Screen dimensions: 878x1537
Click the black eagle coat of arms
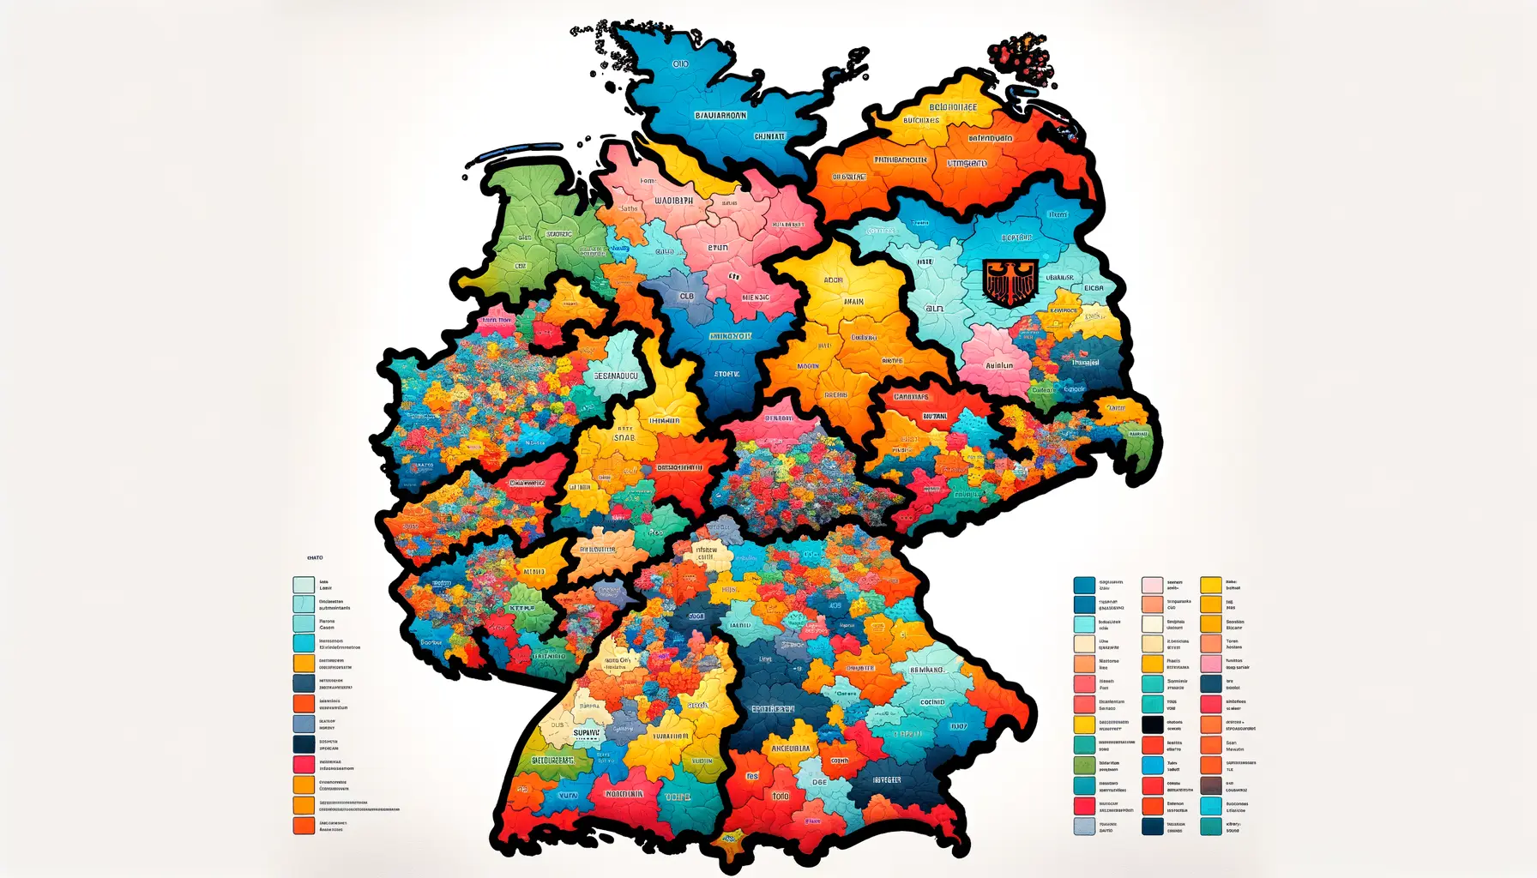(1010, 283)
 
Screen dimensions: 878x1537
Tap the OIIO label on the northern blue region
(680, 63)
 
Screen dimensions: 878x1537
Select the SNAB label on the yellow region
(624, 437)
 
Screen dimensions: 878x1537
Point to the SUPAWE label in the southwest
(587, 733)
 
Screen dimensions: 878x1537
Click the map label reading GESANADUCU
(616, 376)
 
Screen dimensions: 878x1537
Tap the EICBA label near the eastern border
(1094, 288)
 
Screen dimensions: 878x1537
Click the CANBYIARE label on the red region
(911, 397)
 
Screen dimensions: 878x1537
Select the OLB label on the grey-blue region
(687, 297)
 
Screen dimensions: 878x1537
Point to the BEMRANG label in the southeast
(926, 670)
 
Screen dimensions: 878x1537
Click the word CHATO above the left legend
(315, 558)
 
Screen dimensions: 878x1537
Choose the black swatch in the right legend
(1153, 725)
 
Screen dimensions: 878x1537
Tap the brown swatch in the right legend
(1211, 785)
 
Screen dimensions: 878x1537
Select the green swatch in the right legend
(1084, 766)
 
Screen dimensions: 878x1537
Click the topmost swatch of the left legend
(304, 585)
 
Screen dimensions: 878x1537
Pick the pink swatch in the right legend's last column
(1211, 664)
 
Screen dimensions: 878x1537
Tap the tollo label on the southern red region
(780, 796)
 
